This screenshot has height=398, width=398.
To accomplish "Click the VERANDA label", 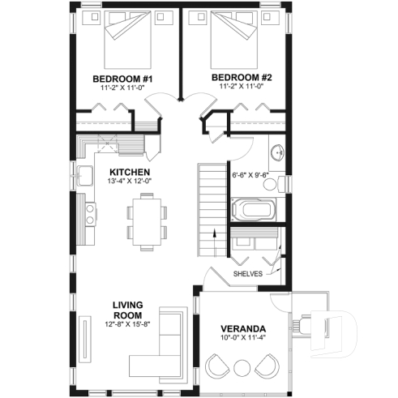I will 242,330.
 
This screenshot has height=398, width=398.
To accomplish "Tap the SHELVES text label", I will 247,274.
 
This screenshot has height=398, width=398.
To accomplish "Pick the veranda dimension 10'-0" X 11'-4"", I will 242,340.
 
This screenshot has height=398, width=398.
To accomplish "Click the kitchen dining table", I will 147,222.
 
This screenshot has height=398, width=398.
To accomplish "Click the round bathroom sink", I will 276,152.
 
